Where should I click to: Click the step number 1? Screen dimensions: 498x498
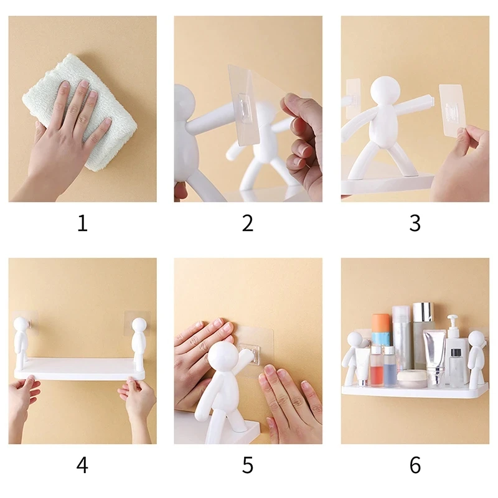(x=82, y=223)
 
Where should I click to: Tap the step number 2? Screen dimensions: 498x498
(x=248, y=223)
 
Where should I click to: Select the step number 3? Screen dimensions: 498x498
(x=415, y=223)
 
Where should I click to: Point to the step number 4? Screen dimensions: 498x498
(x=82, y=464)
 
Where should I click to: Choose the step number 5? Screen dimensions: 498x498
(x=248, y=464)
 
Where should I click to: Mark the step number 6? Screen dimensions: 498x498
(x=415, y=464)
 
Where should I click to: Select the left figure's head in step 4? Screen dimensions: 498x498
(x=22, y=324)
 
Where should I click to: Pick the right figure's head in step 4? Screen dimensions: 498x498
(x=139, y=325)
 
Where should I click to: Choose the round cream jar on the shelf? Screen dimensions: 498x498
(x=412, y=379)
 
